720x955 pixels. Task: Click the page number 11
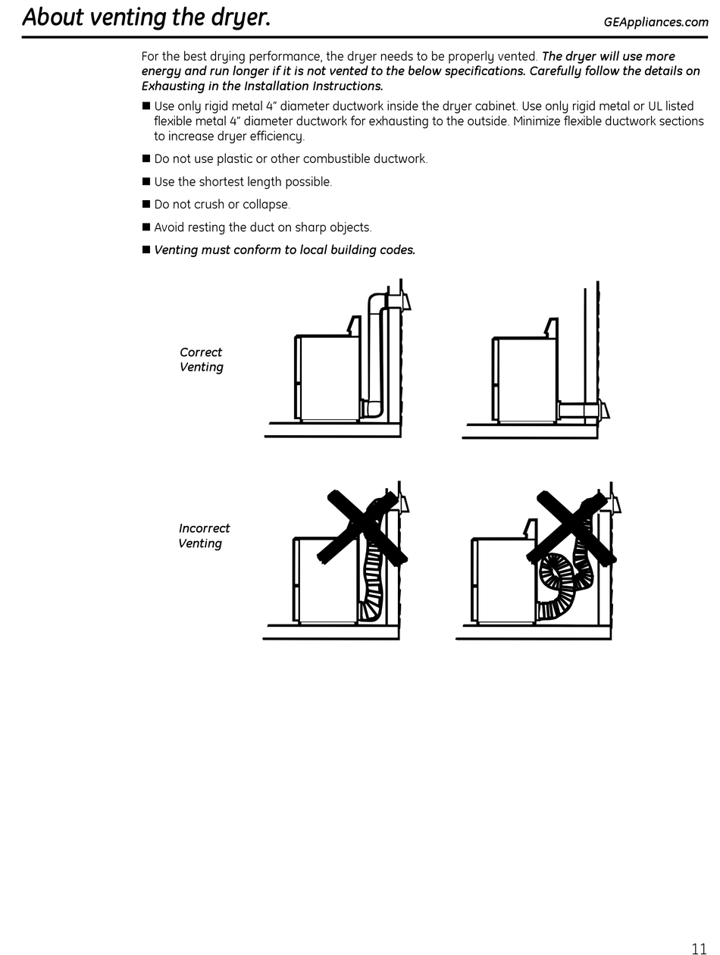pos(698,947)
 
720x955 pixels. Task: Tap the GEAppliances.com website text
pos(656,22)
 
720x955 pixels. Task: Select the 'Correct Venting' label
pos(201,360)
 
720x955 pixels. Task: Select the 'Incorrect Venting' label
pos(204,536)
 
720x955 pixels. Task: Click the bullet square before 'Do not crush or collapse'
pos(146,205)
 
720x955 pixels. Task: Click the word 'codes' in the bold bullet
pos(398,250)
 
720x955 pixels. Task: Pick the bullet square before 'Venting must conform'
pos(146,250)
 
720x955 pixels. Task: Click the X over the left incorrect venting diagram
pos(362,527)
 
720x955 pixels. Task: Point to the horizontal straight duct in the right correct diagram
pos(579,411)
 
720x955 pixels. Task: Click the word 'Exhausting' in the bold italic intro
pos(171,86)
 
